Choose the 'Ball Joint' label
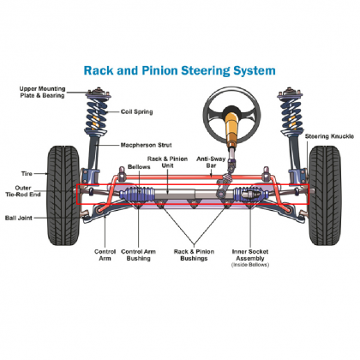27,217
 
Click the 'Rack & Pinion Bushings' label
192,255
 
